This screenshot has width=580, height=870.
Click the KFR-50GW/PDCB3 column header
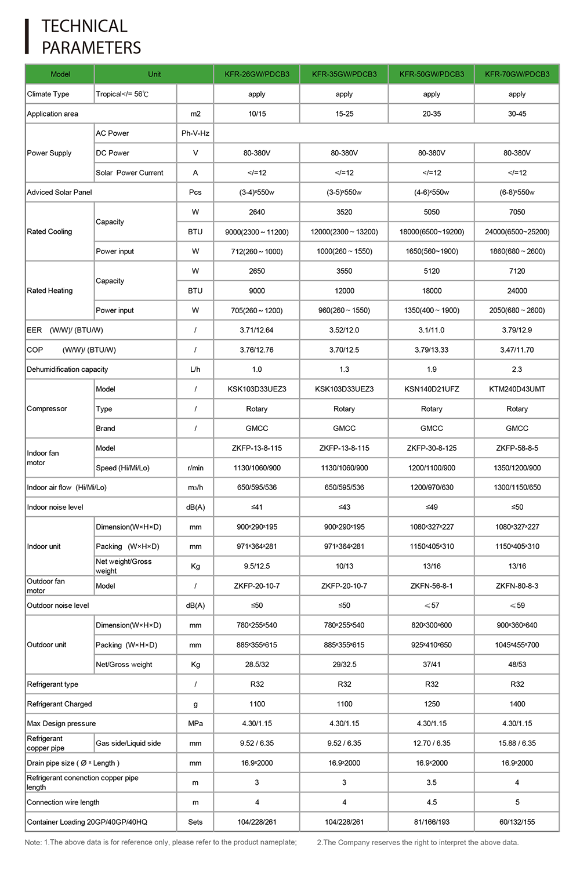point(432,74)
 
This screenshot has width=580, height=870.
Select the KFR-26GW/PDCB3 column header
point(257,74)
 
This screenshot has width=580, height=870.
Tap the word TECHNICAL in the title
point(85,26)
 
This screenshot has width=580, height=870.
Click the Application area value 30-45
point(517,114)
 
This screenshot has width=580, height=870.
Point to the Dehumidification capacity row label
point(67,369)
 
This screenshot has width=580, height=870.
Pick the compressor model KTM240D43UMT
point(517,389)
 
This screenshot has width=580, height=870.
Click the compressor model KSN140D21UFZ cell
point(432,389)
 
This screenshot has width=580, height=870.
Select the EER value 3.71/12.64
point(257,330)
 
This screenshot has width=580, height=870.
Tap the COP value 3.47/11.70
point(517,350)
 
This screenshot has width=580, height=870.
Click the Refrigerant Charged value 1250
point(432,704)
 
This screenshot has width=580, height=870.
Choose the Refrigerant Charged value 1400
point(517,704)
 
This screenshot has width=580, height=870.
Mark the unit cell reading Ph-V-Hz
point(195,133)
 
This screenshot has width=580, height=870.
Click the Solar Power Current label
point(129,173)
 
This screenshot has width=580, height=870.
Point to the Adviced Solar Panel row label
point(59,193)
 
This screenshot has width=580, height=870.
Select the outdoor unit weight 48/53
point(517,665)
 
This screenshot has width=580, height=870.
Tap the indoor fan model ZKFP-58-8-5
point(517,448)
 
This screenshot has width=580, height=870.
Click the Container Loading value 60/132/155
point(517,822)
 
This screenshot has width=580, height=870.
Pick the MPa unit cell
point(195,724)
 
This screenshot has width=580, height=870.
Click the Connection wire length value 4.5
point(432,802)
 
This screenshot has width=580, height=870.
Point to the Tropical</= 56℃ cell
point(122,94)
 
